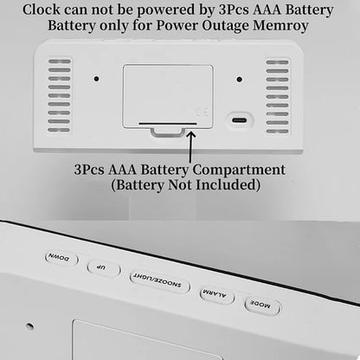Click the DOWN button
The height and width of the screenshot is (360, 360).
pyautogui.click(x=61, y=259)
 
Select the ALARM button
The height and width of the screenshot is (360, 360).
pyautogui.click(x=216, y=295)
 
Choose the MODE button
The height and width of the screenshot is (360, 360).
pyautogui.click(x=262, y=306)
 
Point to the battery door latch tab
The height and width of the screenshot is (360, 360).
pyautogui.click(x=167, y=132)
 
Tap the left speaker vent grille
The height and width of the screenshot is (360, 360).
pyautogui.click(x=60, y=95)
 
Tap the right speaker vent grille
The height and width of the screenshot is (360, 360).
pyautogui.click(x=278, y=95)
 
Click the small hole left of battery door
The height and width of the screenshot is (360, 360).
pyautogui.click(x=96, y=79)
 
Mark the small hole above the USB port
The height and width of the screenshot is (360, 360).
pyautogui.click(x=240, y=79)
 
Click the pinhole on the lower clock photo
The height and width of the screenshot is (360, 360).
pyautogui.click(x=29, y=327)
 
